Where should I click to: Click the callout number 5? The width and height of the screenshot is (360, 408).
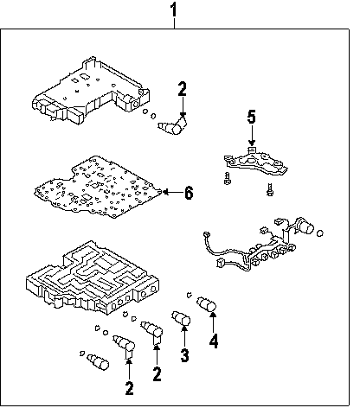(252, 117)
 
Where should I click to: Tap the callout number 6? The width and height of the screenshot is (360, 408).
(189, 193)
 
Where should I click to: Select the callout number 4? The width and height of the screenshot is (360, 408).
(214, 341)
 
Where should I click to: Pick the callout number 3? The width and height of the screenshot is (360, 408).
(184, 354)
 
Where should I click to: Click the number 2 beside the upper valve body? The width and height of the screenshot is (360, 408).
(183, 89)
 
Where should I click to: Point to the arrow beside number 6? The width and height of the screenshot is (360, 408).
(173, 192)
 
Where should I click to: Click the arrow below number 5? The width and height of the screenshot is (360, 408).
(252, 136)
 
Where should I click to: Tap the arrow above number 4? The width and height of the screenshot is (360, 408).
(213, 322)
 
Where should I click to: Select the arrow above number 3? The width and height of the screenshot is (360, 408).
(184, 335)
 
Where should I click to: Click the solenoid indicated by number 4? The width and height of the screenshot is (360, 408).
(206, 304)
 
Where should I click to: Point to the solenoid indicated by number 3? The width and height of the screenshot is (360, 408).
(181, 318)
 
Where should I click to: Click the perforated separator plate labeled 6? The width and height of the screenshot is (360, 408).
(97, 187)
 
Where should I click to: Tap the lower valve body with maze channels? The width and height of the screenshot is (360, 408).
(93, 279)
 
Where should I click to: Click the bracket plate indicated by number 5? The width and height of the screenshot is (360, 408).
(255, 162)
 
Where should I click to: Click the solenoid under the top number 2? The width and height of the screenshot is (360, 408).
(173, 126)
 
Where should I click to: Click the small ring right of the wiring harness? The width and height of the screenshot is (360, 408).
(320, 233)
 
